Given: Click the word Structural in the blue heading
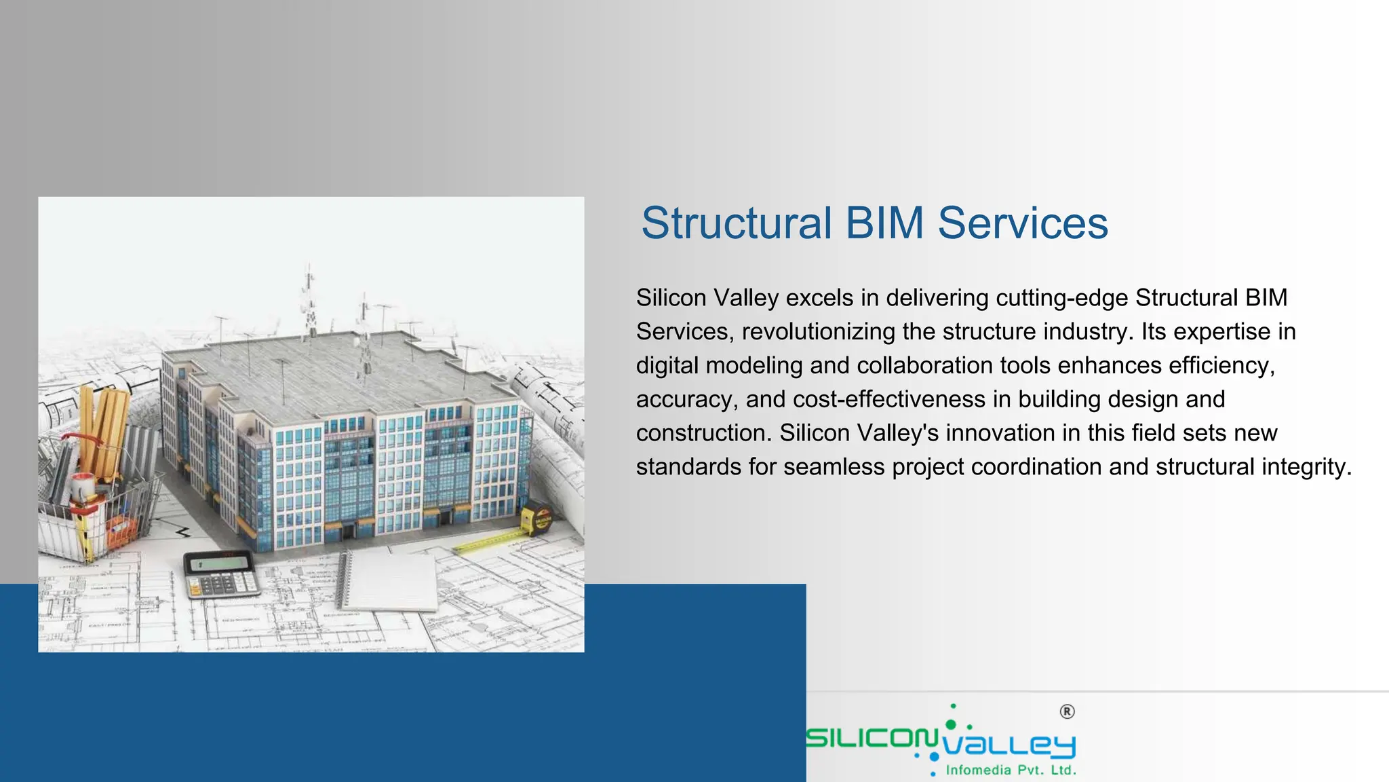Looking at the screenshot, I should click(737, 223).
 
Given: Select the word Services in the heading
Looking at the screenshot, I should click(1023, 223).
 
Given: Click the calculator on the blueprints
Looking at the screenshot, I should click(221, 574).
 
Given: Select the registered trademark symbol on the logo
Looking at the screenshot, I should click(1067, 711).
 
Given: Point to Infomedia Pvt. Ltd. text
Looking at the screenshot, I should click(1011, 770).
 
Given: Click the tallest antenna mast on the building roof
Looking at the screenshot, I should click(310, 299).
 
